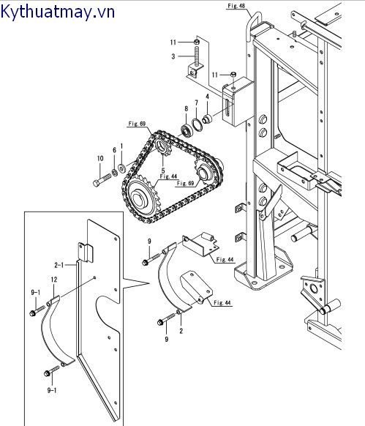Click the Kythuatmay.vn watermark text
coord(59,12)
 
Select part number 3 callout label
coord(173,56)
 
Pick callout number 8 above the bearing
coord(186,108)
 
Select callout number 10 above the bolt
coord(99,158)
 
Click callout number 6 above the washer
coord(114,150)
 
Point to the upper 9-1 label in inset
coord(35,292)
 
